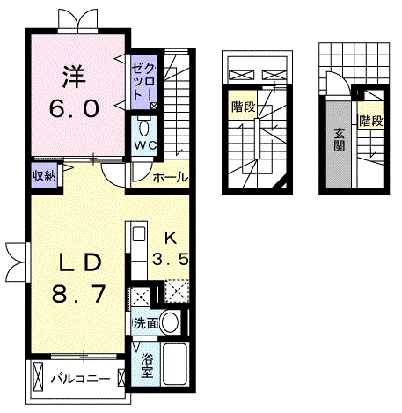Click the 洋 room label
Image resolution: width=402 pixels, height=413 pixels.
pos(74,77)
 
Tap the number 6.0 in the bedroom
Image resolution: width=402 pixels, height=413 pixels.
pos(74,108)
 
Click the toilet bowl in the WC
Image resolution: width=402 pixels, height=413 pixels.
pos(144,128)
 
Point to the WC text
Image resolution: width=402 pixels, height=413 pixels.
pos(145,145)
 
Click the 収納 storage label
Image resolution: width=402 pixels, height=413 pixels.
pos(44,175)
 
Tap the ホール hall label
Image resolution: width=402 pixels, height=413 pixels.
pos(171,177)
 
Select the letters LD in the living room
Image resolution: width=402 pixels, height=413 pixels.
pos(80,263)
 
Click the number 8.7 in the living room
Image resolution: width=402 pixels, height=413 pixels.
pos(78,294)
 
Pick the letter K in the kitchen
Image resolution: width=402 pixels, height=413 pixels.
pos(171,238)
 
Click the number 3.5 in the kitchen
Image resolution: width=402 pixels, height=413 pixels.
pos(170,259)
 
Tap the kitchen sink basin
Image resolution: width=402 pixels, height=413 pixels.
pos(139,234)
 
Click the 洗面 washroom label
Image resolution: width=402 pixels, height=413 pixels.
pos(146,323)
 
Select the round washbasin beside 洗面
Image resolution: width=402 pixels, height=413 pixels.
pos(171,322)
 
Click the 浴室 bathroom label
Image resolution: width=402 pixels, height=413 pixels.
pos(147,365)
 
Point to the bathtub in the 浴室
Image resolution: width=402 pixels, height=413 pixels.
pos(175,364)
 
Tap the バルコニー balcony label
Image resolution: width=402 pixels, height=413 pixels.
pos(81,379)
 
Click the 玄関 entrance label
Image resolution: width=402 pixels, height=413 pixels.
pos(340,140)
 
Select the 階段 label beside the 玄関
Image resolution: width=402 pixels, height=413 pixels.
pos(371,121)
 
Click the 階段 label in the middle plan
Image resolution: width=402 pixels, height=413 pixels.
pos(244,107)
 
